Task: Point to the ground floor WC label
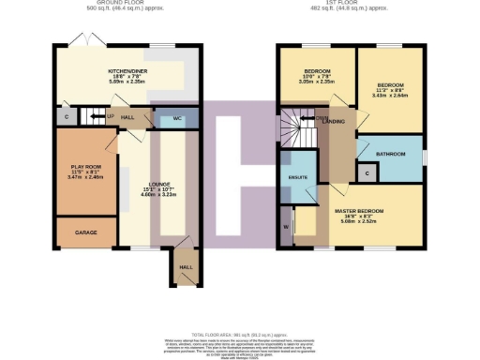tap(178, 119)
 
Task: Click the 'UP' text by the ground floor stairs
tap(111, 116)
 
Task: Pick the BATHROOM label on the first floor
tap(391, 152)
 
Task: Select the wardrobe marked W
tap(284, 226)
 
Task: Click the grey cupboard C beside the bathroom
tap(367, 173)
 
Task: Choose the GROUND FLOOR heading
tap(127, 5)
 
